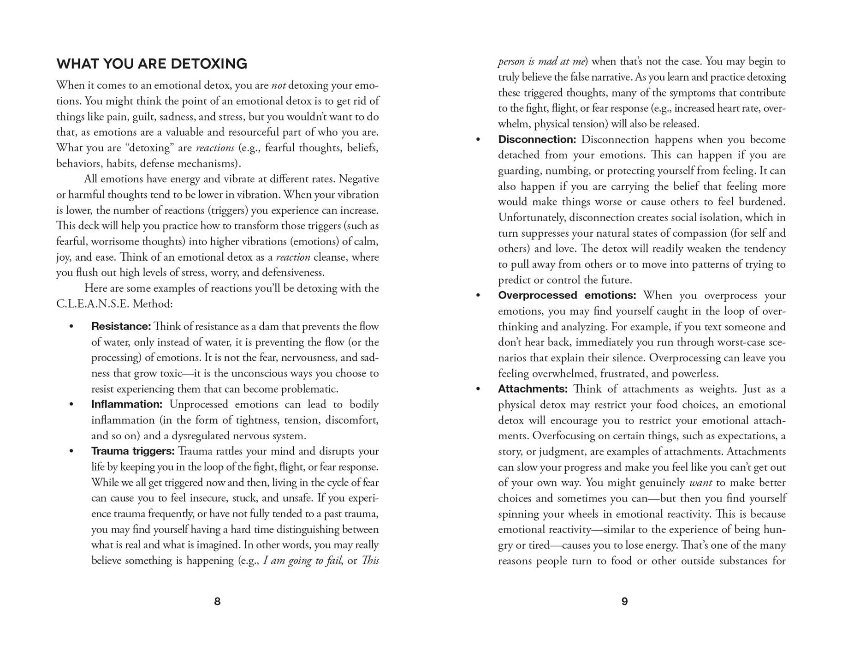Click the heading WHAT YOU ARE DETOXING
(152, 64)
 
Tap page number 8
(217, 601)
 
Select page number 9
(624, 601)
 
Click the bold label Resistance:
(121, 326)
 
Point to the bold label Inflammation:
(127, 404)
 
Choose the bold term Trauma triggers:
(133, 451)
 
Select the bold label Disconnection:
(537, 139)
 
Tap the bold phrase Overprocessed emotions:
(567, 295)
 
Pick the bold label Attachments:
(533, 389)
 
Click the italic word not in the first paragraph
(279, 85)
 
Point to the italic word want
(700, 483)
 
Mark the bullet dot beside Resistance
(71, 327)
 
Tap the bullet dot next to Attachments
(478, 389)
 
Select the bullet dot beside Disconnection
(478, 139)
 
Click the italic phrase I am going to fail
(302, 561)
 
